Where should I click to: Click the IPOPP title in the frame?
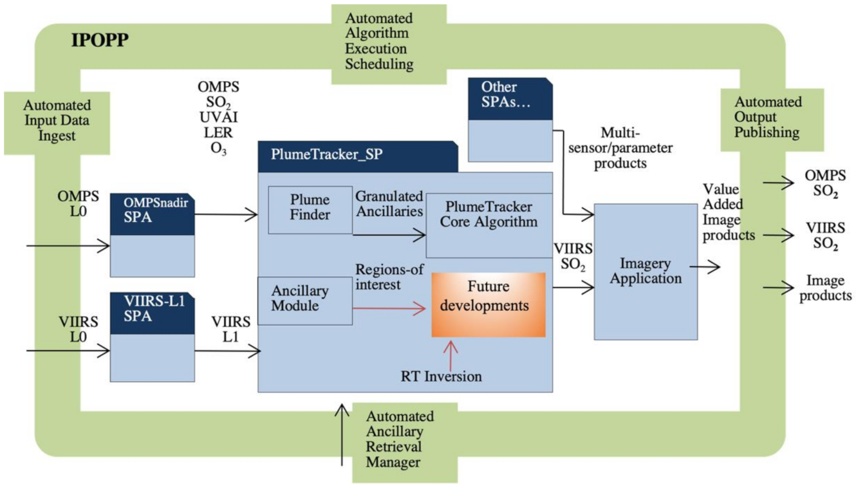click(99, 41)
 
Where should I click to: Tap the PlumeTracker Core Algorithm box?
click(489, 215)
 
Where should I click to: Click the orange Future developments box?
click(488, 304)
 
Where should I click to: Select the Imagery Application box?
click(646, 271)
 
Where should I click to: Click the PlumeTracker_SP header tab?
click(357, 156)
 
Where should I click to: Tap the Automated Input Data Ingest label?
click(57, 119)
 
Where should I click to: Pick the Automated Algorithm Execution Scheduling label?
click(379, 41)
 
